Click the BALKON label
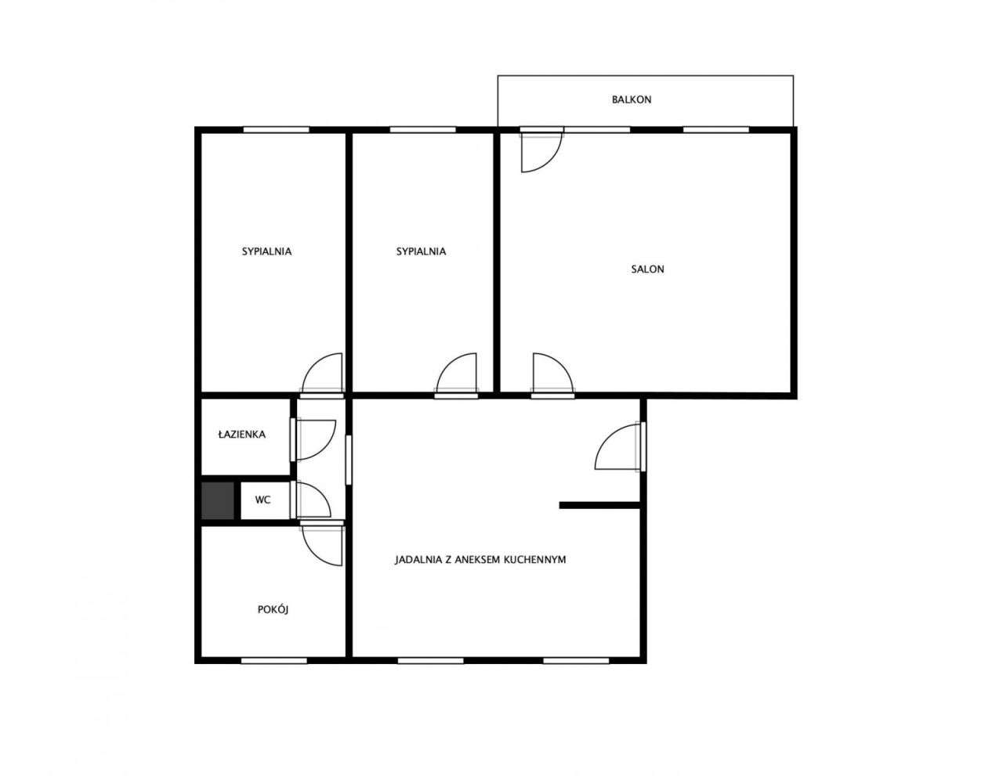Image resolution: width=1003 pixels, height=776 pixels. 632,99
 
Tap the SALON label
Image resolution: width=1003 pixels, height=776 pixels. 647,269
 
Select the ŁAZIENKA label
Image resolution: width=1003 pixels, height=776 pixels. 242,435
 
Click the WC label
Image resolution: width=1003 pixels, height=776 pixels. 263,500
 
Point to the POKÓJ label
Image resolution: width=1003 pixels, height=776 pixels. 273,609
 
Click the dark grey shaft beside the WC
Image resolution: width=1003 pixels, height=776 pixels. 218,500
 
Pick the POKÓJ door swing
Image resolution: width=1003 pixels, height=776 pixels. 322,546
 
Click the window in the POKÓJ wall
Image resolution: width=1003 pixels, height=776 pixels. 274,660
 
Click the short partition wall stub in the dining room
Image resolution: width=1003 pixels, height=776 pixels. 599,505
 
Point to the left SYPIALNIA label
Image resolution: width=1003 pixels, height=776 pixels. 266,252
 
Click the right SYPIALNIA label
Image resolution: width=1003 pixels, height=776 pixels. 421,252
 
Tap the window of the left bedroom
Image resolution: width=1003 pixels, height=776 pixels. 276,129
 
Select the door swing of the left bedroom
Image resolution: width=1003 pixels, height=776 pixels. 322,373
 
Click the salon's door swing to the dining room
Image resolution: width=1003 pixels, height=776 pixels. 553,373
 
